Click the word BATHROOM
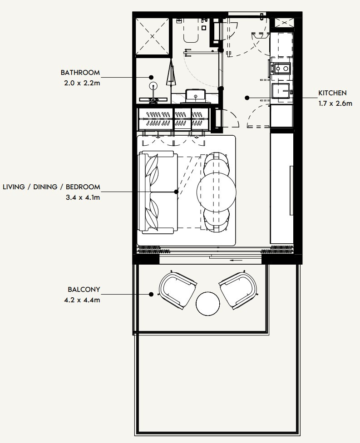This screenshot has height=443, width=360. click(80, 73)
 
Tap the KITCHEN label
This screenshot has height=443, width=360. click(332, 93)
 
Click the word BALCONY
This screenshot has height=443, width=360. click(84, 289)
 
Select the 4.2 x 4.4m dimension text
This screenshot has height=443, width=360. click(84, 300)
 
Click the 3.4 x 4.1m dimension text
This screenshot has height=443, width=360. click(83, 197)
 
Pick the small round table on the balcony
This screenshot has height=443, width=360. click(208, 304)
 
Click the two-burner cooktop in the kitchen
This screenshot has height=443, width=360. click(281, 69)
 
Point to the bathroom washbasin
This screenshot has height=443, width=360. click(196, 96)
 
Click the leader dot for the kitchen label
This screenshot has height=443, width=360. click(247, 97)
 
